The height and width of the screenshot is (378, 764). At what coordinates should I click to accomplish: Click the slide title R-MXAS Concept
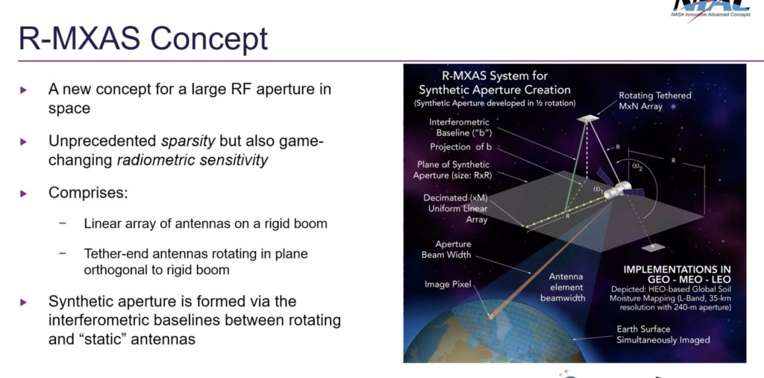[x=143, y=37]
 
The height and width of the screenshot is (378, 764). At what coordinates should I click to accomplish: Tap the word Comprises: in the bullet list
[x=88, y=193]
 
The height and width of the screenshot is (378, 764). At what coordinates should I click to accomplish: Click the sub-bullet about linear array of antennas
[x=205, y=223]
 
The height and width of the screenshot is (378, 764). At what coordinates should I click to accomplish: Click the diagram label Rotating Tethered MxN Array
[x=654, y=100]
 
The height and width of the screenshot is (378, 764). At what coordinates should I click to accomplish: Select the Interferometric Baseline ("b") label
[x=459, y=127]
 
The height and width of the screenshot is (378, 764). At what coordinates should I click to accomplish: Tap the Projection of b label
[x=460, y=146]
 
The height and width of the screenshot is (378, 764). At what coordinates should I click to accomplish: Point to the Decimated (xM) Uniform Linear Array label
[x=456, y=208]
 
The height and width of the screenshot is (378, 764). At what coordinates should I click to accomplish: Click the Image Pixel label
[x=447, y=285]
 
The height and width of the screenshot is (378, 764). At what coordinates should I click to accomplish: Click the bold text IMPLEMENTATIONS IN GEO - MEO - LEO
[x=677, y=274]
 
